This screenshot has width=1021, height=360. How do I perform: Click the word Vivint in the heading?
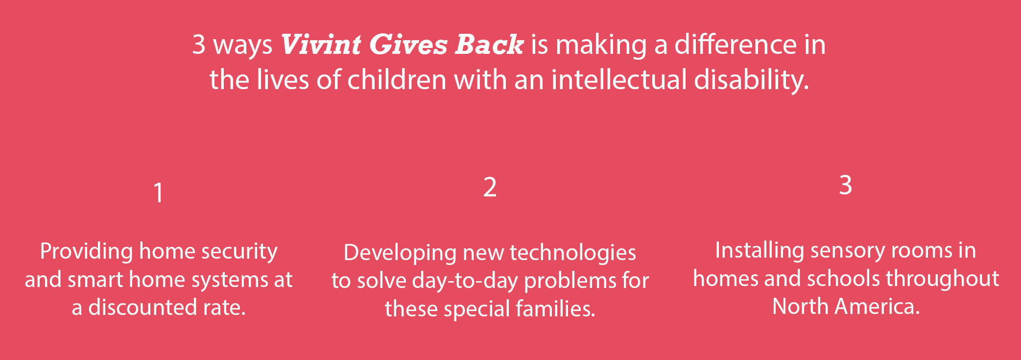(321, 45)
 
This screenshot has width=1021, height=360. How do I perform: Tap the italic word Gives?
(408, 45)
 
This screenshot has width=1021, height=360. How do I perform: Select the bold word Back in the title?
(489, 45)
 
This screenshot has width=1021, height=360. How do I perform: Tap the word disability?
(751, 80)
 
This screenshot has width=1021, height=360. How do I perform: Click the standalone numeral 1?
(158, 192)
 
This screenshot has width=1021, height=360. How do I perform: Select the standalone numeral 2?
(490, 187)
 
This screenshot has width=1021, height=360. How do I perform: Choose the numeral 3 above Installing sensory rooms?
(846, 185)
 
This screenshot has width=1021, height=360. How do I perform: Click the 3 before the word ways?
(198, 45)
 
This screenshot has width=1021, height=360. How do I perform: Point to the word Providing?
(86, 252)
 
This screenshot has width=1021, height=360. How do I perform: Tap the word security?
(239, 252)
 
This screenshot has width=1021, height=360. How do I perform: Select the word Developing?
(400, 253)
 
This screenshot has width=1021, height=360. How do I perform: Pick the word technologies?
(573, 253)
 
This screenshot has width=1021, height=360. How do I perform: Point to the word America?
(877, 307)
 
